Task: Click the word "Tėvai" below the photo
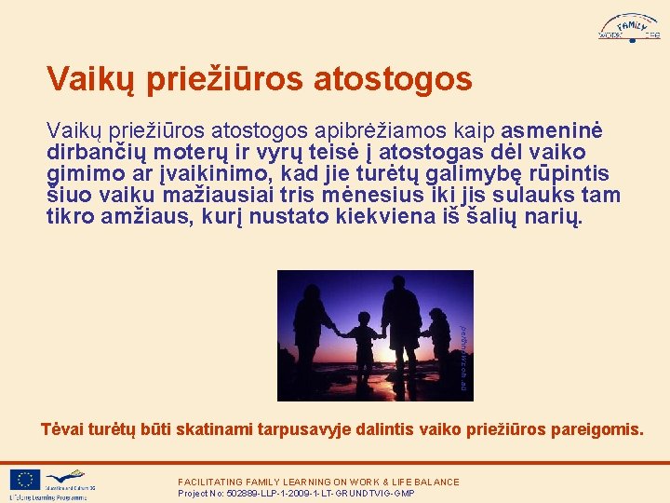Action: click(61, 429)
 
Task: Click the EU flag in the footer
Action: click(25, 479)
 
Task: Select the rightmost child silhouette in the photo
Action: click(437, 340)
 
